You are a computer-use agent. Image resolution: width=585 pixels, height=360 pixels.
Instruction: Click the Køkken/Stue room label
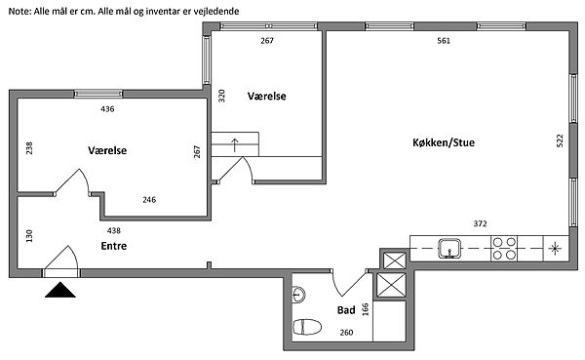tap(444, 142)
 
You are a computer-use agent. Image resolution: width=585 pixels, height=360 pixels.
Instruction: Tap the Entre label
tap(114, 246)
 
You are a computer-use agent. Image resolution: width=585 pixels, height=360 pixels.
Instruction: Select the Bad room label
tap(346, 310)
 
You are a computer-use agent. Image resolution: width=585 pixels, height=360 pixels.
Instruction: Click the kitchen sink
tap(449, 249)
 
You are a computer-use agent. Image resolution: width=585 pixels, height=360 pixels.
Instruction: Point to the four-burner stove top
tap(504, 249)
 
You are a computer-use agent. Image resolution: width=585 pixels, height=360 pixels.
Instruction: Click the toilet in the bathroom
tap(307, 327)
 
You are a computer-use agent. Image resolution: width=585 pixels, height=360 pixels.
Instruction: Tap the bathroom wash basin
tap(298, 295)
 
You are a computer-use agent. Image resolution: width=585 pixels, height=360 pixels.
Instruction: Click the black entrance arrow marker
tap(60, 290)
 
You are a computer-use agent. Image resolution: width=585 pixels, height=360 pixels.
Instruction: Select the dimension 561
tap(444, 41)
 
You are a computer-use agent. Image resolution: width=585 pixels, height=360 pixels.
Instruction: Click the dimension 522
tap(560, 140)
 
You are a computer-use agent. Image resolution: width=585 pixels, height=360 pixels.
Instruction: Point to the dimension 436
tap(107, 109)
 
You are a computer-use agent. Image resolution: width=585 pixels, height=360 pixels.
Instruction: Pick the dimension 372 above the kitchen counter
tap(480, 223)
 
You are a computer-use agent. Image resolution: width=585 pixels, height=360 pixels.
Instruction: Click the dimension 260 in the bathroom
tap(346, 333)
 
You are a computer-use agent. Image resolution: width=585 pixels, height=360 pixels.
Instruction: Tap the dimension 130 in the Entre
tap(29, 236)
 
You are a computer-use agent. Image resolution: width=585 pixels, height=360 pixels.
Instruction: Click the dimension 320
tap(221, 96)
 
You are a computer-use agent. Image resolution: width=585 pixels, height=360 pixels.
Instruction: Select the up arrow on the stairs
tap(235, 145)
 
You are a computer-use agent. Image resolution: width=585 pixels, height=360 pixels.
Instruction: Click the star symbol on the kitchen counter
tap(555, 249)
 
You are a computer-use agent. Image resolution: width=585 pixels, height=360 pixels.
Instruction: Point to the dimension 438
tap(114, 231)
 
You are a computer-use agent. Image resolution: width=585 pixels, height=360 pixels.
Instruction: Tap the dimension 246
tap(149, 200)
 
